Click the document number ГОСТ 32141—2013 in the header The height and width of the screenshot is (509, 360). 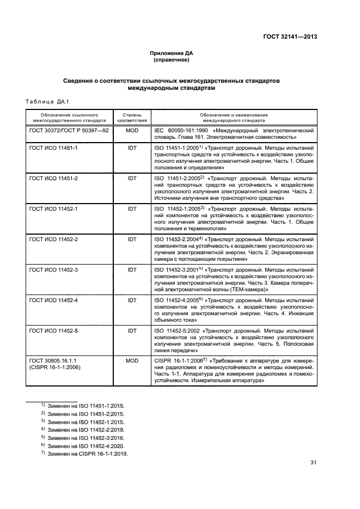[289, 37]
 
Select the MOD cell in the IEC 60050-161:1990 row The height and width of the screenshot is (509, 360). [132, 131]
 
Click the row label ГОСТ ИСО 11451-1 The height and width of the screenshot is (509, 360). [53, 148]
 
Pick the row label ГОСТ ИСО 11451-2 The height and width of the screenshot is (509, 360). [53, 178]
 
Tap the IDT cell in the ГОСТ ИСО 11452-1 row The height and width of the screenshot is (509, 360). [132, 208]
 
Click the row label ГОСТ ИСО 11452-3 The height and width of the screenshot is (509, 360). [53, 269]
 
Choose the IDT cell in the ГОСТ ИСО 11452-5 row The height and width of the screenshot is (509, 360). [132, 330]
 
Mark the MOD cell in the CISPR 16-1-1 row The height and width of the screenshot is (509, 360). [132, 361]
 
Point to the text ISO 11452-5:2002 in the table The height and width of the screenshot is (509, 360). [177, 330]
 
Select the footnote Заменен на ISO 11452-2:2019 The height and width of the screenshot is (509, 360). [86, 430]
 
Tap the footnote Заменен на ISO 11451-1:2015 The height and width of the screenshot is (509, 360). [86, 406]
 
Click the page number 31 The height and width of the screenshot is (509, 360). [313, 463]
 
